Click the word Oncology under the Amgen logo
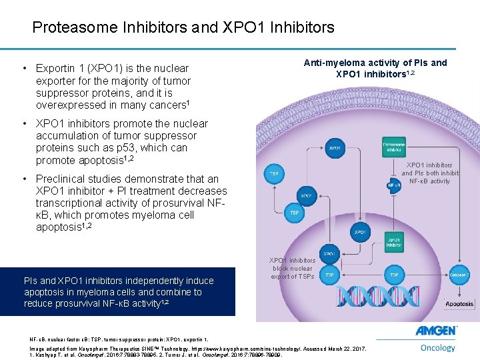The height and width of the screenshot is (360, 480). tap(438, 347)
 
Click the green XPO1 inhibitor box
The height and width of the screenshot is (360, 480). tap(393, 242)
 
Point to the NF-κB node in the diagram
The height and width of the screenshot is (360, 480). tap(392, 185)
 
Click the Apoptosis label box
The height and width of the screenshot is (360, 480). tap(441, 304)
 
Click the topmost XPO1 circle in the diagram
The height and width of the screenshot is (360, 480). tap(335, 148)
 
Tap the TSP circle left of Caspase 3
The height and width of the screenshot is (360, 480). tap(394, 274)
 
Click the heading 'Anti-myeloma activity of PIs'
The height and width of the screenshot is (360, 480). tap(375, 63)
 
